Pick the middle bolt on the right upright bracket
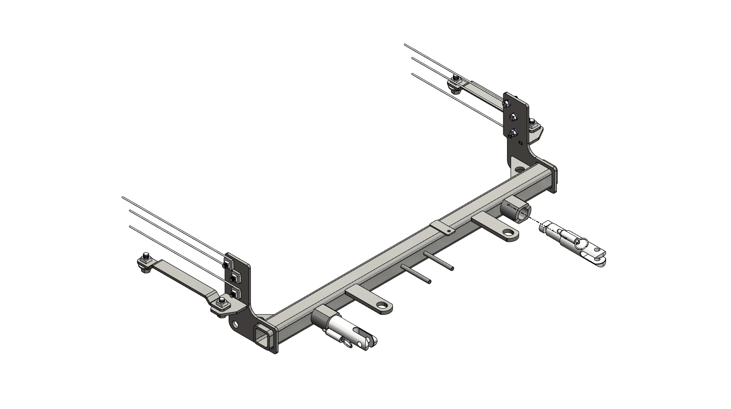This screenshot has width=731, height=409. pyautogui.click(x=513, y=117)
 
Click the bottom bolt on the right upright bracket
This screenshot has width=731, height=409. pyautogui.click(x=513, y=132)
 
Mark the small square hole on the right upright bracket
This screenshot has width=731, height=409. pyautogui.click(x=520, y=142)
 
